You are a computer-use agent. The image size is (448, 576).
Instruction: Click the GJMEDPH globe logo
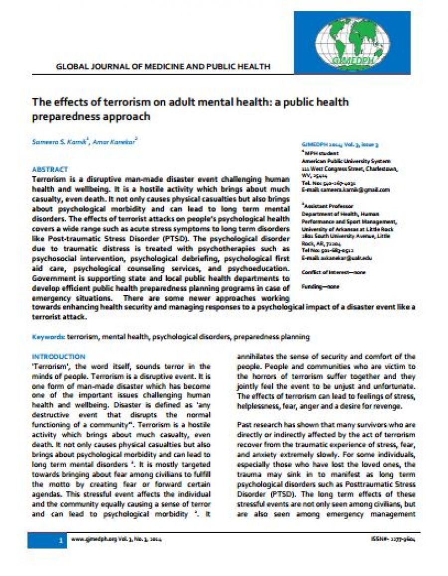click(x=351, y=42)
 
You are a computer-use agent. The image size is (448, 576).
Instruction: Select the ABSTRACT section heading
click(x=50, y=169)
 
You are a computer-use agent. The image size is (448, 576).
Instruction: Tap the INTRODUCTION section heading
click(x=58, y=356)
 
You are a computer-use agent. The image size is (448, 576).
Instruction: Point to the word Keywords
click(x=48, y=337)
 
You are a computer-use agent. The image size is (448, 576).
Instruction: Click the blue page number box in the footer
click(x=46, y=540)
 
